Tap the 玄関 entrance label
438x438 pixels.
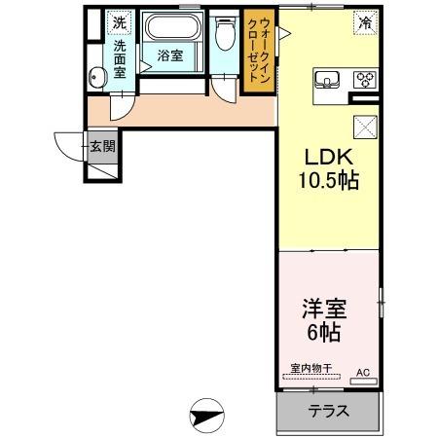coord(102,148)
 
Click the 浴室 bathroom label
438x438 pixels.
coord(170,56)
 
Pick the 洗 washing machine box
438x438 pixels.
coord(118,21)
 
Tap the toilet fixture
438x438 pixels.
coord(225,37)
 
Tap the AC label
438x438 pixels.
coord(362,372)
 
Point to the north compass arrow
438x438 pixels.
coord(207,417)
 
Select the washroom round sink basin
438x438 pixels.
coord(96,79)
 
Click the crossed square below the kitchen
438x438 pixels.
coord(365,126)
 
